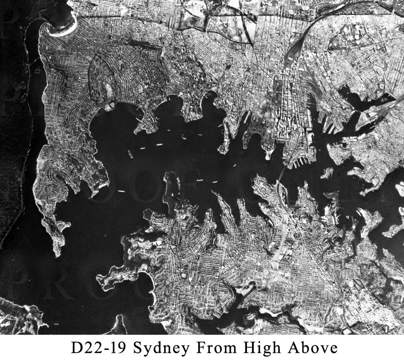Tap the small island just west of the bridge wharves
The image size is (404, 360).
[327, 173]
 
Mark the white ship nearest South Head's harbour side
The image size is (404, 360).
[120, 191]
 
